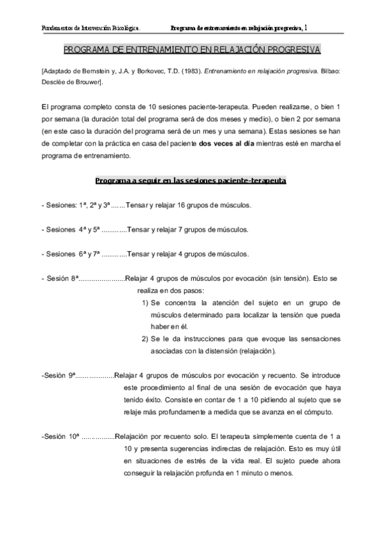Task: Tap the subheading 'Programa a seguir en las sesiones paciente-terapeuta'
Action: (x=191, y=181)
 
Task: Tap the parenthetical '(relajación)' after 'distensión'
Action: (x=254, y=351)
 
